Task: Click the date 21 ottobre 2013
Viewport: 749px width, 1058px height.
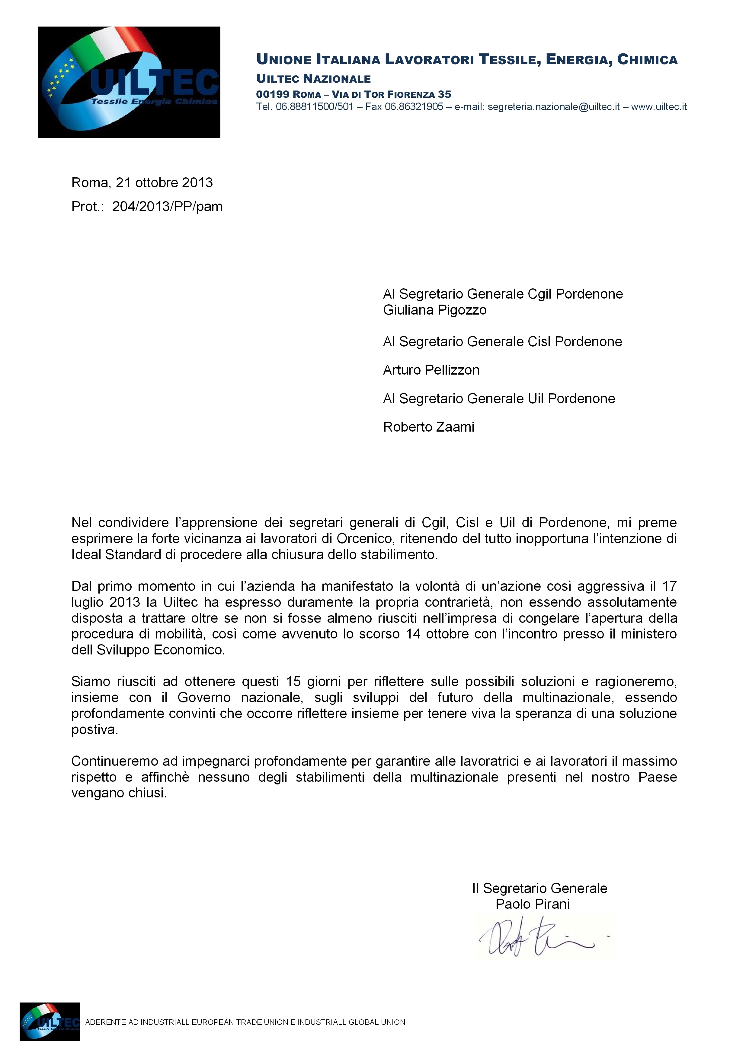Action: click(x=164, y=183)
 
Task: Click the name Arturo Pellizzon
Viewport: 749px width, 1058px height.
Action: click(x=431, y=370)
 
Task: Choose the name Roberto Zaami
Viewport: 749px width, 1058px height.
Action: click(x=428, y=427)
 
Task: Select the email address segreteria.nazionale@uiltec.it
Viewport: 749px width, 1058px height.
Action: click(x=553, y=107)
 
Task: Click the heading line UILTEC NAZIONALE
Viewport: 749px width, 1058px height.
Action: click(x=314, y=79)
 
